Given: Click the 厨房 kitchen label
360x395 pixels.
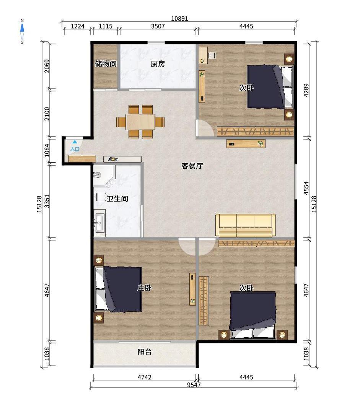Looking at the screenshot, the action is click(x=158, y=64).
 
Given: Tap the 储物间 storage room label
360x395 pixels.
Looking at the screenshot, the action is click(x=106, y=64).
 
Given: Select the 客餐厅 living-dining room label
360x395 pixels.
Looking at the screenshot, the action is click(x=192, y=166).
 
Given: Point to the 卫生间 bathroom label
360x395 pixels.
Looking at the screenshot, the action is click(x=117, y=199).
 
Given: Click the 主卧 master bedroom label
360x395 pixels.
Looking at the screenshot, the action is click(x=145, y=288).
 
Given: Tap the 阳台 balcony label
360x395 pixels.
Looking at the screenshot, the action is click(x=145, y=352).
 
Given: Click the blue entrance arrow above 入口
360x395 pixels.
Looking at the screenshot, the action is click(x=75, y=142).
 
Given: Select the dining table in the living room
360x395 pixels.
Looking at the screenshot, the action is click(x=140, y=122).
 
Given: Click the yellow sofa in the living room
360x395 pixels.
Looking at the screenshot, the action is click(x=246, y=226).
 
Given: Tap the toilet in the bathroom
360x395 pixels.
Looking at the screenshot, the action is click(x=101, y=197).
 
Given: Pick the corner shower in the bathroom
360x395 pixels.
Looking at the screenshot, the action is click(x=104, y=176).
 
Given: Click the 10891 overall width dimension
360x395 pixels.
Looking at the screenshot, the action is click(x=179, y=18).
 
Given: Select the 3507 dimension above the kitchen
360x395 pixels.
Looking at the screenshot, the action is click(x=158, y=26).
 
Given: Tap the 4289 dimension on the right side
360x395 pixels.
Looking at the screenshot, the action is click(x=306, y=90).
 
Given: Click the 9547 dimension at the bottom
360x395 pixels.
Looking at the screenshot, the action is click(x=194, y=385).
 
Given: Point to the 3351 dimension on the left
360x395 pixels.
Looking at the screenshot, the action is click(x=47, y=201).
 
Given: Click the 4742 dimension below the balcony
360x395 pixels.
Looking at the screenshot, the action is click(x=145, y=377).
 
